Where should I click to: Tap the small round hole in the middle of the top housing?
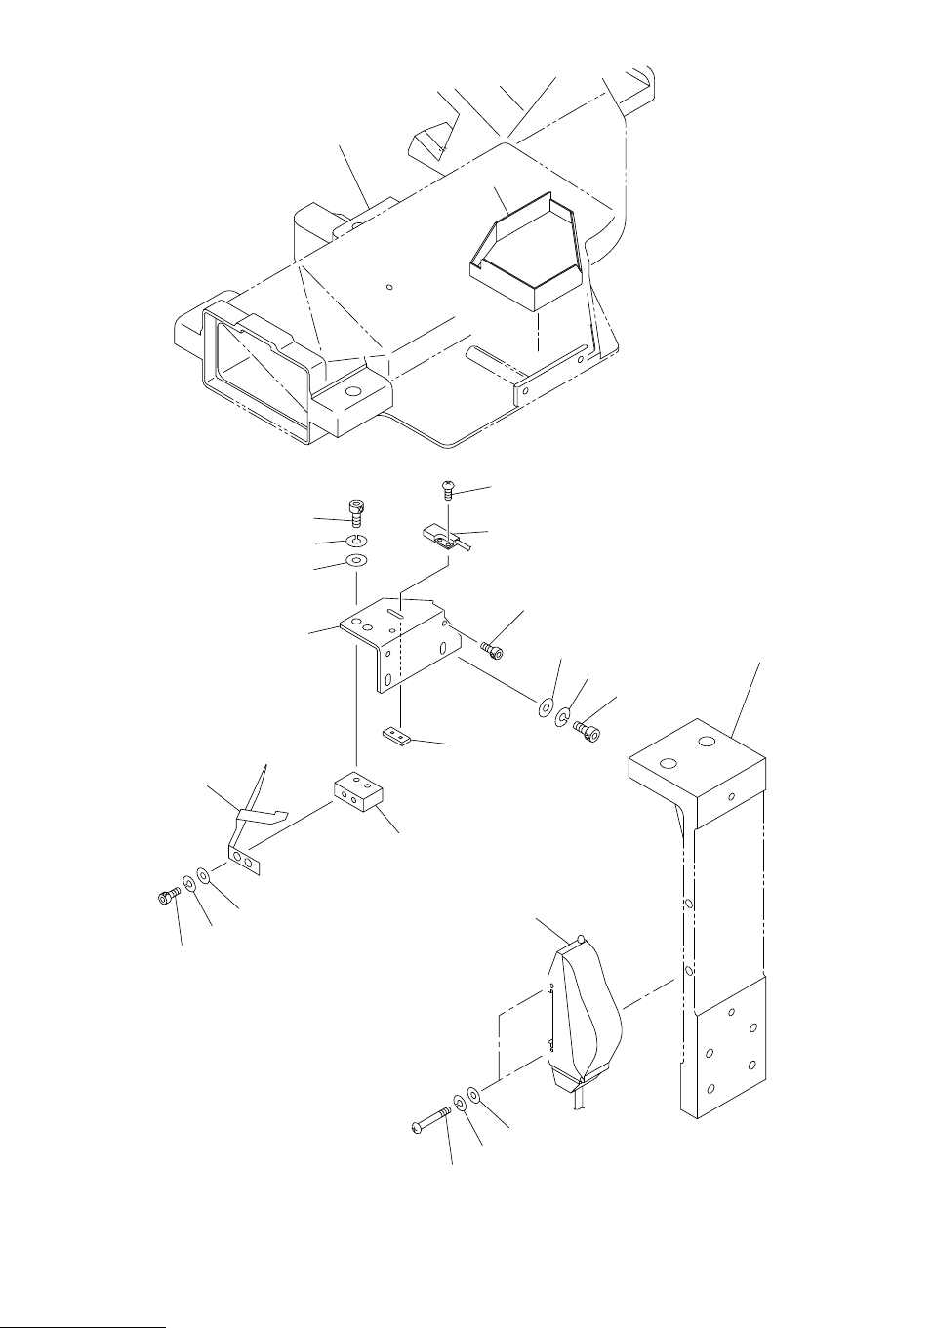(x=388, y=287)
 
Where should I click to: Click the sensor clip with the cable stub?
(x=439, y=537)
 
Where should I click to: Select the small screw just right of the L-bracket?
(x=492, y=648)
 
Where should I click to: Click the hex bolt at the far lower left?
(x=167, y=895)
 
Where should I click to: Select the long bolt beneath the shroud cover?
(x=430, y=1119)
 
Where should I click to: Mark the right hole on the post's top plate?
(x=706, y=743)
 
